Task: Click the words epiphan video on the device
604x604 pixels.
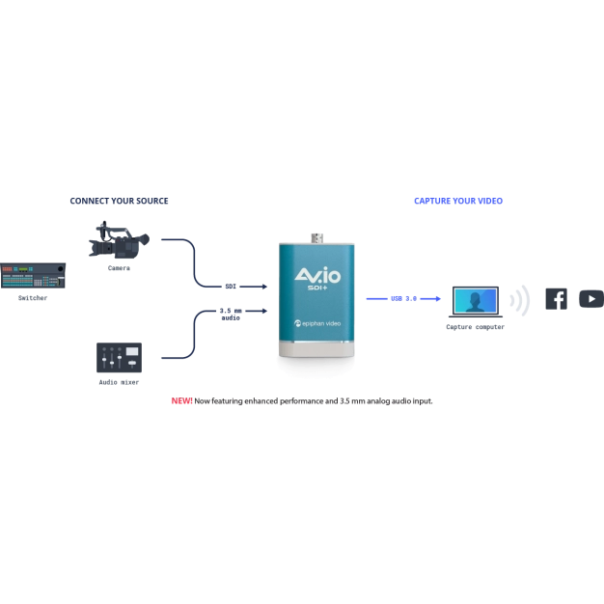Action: pos(319,325)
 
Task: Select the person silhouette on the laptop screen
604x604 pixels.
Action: pos(474,301)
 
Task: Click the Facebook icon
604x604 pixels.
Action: pos(556,300)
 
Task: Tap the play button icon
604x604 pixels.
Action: pos(590,298)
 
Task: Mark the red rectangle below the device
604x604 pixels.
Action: pos(181,400)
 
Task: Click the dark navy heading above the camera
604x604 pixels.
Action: pos(119,201)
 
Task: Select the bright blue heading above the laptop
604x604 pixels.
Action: pos(458,201)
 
